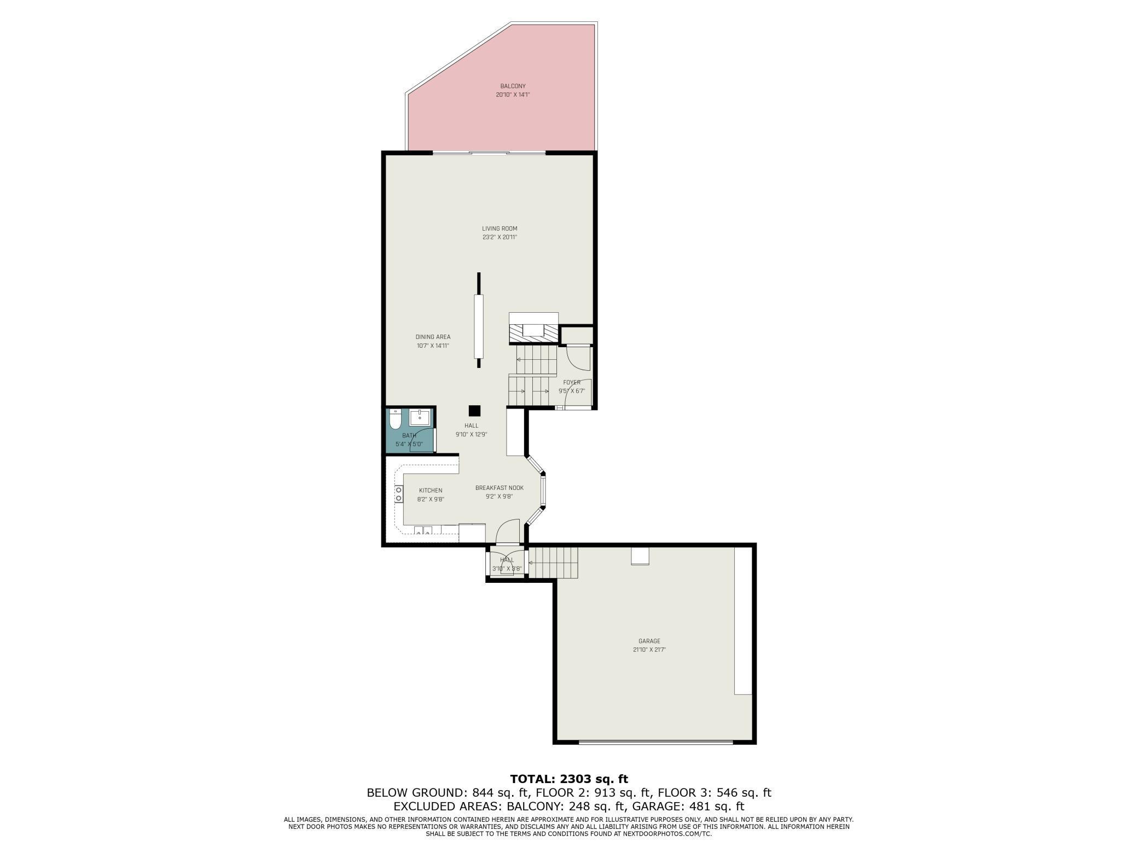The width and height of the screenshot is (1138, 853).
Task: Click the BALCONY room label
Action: pyautogui.click(x=513, y=86)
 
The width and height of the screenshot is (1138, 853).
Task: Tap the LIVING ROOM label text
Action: pyautogui.click(x=499, y=229)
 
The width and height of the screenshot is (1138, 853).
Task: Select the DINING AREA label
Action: pyautogui.click(x=433, y=337)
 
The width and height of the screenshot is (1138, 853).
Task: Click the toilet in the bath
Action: pyautogui.click(x=394, y=420)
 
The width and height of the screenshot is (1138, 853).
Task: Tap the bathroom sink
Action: pyautogui.click(x=420, y=417)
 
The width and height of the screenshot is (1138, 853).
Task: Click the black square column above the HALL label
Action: pyautogui.click(x=474, y=411)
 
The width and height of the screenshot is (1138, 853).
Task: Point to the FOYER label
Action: pyautogui.click(x=572, y=382)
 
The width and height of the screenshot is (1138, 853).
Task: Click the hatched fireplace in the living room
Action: pyautogui.click(x=533, y=331)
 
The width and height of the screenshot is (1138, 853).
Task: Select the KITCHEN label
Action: pyautogui.click(x=431, y=490)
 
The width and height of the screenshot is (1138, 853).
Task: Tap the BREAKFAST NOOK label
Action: pyautogui.click(x=499, y=488)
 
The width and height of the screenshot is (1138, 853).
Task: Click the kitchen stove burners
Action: pyautogui.click(x=399, y=494)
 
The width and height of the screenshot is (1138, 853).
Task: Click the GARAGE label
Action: pyautogui.click(x=649, y=641)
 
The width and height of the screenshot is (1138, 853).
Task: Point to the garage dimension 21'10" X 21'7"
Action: pyautogui.click(x=649, y=650)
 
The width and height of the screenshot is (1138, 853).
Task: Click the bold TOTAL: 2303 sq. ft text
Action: pyautogui.click(x=569, y=779)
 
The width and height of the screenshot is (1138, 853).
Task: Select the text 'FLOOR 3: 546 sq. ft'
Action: pyautogui.click(x=714, y=792)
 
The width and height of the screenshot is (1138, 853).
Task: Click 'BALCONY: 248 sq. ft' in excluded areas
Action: pyautogui.click(x=565, y=806)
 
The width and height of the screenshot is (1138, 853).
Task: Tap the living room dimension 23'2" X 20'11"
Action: pyautogui.click(x=499, y=237)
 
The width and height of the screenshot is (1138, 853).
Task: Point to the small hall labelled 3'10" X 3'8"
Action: pyautogui.click(x=507, y=564)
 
